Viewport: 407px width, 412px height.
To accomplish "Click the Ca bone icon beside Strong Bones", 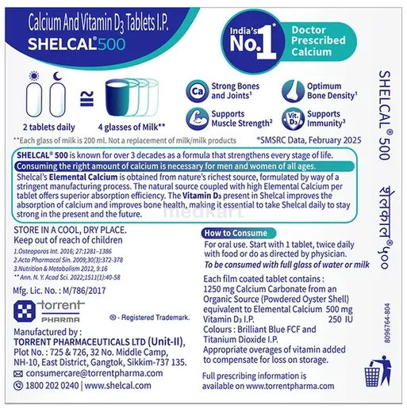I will (198, 92).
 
